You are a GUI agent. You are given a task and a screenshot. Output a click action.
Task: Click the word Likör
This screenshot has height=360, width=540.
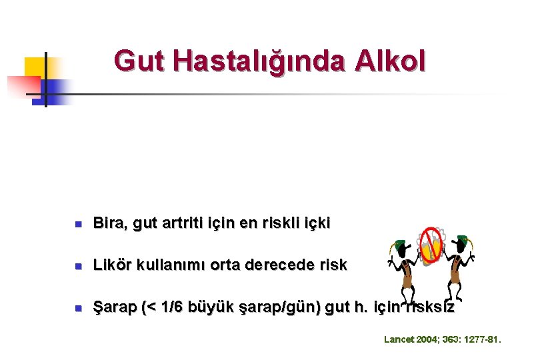pyautogui.click(x=113, y=265)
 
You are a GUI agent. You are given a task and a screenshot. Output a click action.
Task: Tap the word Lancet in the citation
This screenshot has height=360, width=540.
pyautogui.click(x=399, y=340)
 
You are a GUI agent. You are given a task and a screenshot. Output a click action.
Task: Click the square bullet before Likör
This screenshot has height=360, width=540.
pyautogui.click(x=78, y=265)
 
